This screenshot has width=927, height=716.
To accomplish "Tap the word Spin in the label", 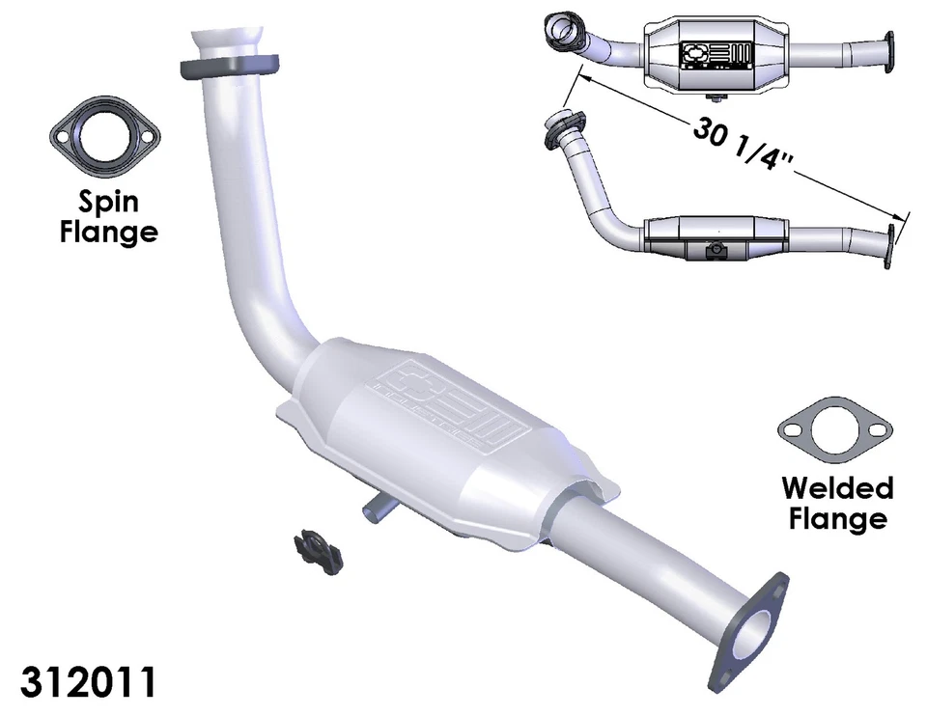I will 108,202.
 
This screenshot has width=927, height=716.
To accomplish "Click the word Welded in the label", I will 837,486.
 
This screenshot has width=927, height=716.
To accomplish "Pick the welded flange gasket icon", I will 833,429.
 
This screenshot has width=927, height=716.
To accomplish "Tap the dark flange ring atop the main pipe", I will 229,68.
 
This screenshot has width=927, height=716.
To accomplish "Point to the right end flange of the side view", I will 888,247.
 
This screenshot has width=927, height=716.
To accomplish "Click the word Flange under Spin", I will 108,232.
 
